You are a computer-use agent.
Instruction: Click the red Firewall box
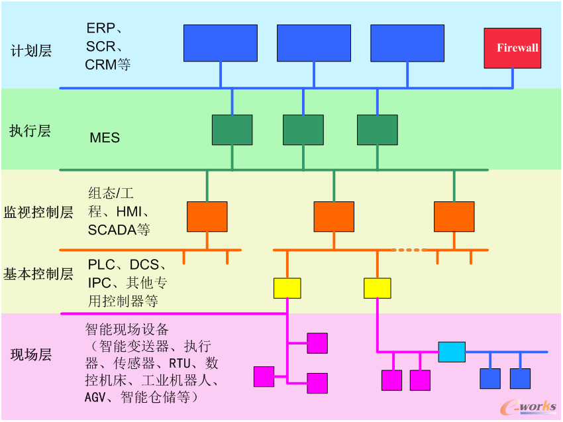[x=513, y=48]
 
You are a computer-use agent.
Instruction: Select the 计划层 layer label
[x=31, y=50]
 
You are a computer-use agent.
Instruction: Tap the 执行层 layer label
[x=30, y=131]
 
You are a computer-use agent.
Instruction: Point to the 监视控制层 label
[x=38, y=213]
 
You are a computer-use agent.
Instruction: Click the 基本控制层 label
[x=38, y=274]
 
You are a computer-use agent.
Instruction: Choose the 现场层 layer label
[x=30, y=355]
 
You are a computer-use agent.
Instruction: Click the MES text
[x=105, y=138]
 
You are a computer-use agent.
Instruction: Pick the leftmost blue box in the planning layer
[x=220, y=43]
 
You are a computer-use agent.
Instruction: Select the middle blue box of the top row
[x=314, y=43]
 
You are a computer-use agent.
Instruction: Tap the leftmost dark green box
[x=232, y=130]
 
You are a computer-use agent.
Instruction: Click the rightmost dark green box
[x=378, y=130]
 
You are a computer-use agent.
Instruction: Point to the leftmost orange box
[x=207, y=217]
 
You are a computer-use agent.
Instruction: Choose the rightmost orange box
[x=454, y=217]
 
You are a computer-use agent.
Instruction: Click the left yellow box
[x=287, y=288]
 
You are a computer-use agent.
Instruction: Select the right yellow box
[x=378, y=288]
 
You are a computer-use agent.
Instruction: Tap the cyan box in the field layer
[x=452, y=352]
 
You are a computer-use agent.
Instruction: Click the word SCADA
[x=109, y=230]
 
